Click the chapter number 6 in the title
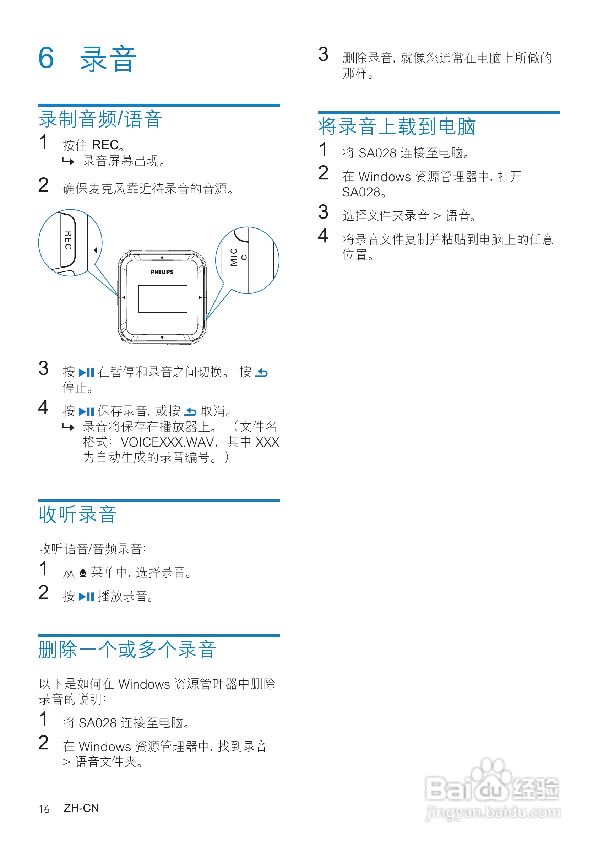(46, 58)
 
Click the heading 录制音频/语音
(100, 119)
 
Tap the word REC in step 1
(105, 145)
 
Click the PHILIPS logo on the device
(162, 272)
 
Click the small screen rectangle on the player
(162, 299)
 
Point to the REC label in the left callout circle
(68, 240)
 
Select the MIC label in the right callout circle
(233, 257)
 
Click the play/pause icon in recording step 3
(87, 372)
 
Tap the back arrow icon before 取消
(190, 411)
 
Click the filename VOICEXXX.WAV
(167, 442)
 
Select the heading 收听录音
(78, 515)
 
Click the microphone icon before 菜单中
(83, 573)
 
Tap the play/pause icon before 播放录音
(87, 597)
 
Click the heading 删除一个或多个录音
(127, 650)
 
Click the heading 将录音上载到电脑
(397, 127)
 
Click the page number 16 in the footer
(44, 809)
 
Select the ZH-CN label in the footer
(81, 808)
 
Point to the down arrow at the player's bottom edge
(162, 338)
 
